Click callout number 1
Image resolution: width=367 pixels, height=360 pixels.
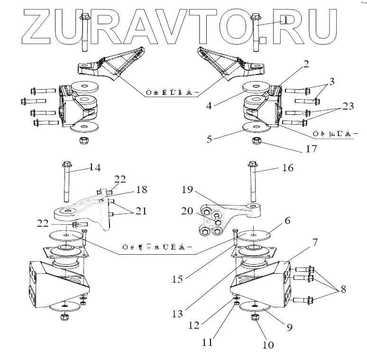click(286, 19)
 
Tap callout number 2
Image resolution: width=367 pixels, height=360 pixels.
click(307, 64)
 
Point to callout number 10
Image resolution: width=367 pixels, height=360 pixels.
click(268, 345)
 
